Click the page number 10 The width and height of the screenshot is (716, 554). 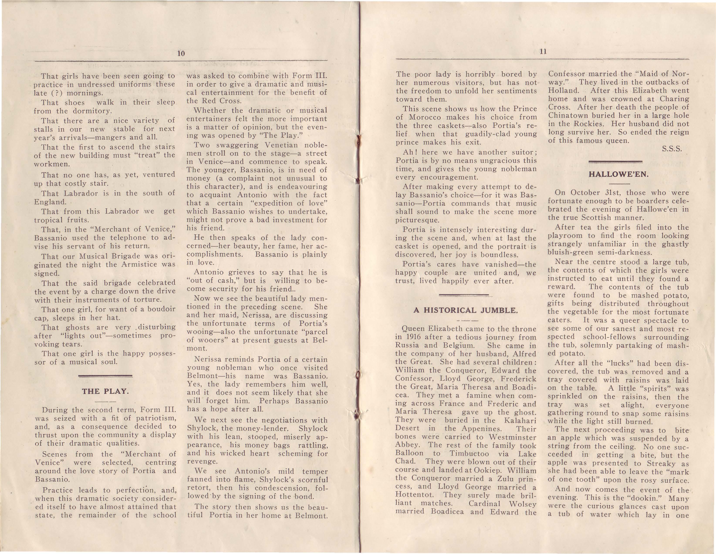tap(181, 53)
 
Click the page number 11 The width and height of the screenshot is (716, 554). tap(543, 51)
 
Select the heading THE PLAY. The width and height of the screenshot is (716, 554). tap(105, 391)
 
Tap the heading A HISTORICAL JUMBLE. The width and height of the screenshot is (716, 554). tap(466, 310)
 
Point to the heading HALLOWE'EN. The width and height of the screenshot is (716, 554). tap(619, 174)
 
